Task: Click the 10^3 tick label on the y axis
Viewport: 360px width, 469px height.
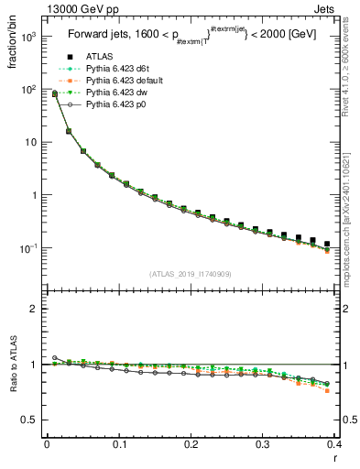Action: tap(27, 37)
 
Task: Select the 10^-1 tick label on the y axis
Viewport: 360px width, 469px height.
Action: tap(27, 248)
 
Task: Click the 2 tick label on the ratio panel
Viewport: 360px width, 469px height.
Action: tap(35, 309)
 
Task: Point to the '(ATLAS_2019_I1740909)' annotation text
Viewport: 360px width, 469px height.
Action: tap(190, 274)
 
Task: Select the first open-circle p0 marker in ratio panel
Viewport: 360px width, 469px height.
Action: tap(54, 357)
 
